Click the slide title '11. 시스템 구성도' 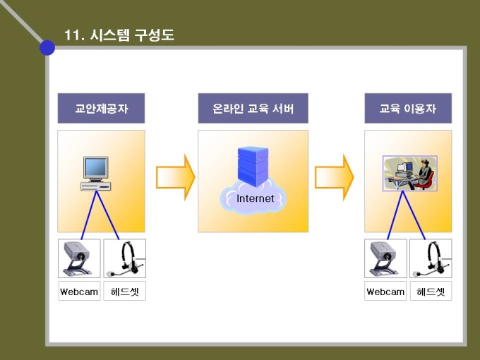[119, 35]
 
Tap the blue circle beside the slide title [47, 47]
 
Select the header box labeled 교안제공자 [101, 109]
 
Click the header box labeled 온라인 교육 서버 [253, 109]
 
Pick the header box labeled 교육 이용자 [408, 109]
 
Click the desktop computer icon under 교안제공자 [96, 173]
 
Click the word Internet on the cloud [255, 198]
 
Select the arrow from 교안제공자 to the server [174, 176]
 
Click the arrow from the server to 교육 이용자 [333, 176]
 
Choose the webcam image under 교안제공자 [79, 259]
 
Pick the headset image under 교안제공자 [125, 259]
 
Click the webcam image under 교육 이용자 [385, 259]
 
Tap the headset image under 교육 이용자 [431, 259]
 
